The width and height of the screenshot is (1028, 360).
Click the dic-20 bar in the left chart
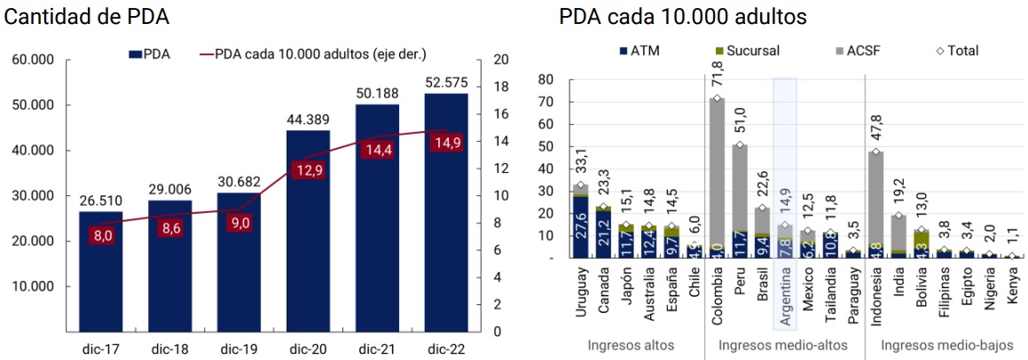click(308, 231)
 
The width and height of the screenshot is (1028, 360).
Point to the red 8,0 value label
click(100, 235)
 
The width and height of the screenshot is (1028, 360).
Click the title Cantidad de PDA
click(87, 17)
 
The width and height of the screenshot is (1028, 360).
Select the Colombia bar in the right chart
click(716, 177)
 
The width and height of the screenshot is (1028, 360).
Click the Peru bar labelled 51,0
click(739, 200)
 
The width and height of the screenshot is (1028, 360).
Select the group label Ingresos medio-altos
click(783, 345)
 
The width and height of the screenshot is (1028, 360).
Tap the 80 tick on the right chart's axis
click(545, 79)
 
